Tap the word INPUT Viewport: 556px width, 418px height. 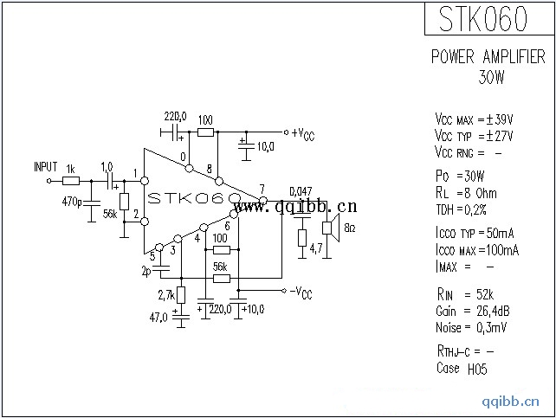click(45, 166)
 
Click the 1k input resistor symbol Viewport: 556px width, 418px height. click(71, 181)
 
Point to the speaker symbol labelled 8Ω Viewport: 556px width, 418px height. click(329, 228)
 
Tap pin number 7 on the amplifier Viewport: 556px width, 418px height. click(262, 189)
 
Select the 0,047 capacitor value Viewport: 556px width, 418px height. click(300, 191)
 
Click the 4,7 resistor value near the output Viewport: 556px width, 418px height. click(316, 248)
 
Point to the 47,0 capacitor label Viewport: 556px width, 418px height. click(158, 318)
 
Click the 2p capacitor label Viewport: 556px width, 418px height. click(146, 270)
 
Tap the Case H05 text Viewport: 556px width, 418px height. click(460, 369)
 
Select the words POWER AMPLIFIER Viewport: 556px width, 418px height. click(488, 57)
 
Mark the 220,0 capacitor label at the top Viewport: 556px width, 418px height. click(175, 116)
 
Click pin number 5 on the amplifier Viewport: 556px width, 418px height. click(152, 254)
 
